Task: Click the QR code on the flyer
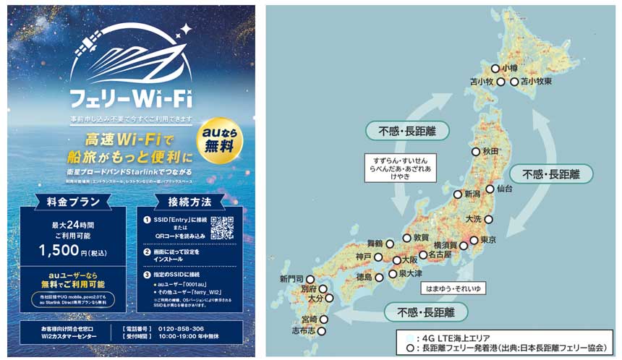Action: coord(223,228)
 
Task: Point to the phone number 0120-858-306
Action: coord(182,328)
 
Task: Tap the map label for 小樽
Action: coord(510,68)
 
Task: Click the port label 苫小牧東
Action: coord(536,82)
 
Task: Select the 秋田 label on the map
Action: coord(491,151)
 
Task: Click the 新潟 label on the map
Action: coord(472,194)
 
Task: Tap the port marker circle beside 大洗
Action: coord(488,218)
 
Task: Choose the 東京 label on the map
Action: coord(488,240)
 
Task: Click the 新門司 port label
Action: coord(292,278)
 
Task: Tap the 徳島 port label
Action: coord(364,277)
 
